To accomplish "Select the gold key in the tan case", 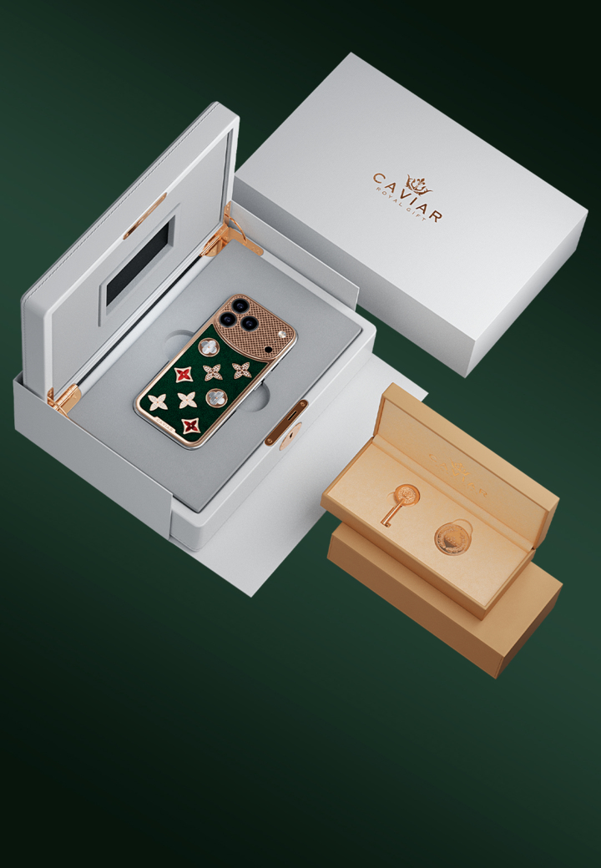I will point(400,504).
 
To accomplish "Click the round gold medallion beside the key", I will point(452,537).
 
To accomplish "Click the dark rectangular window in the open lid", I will point(139,263).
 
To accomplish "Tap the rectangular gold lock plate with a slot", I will point(286,422).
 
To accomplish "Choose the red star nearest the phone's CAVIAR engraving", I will point(191,425).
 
